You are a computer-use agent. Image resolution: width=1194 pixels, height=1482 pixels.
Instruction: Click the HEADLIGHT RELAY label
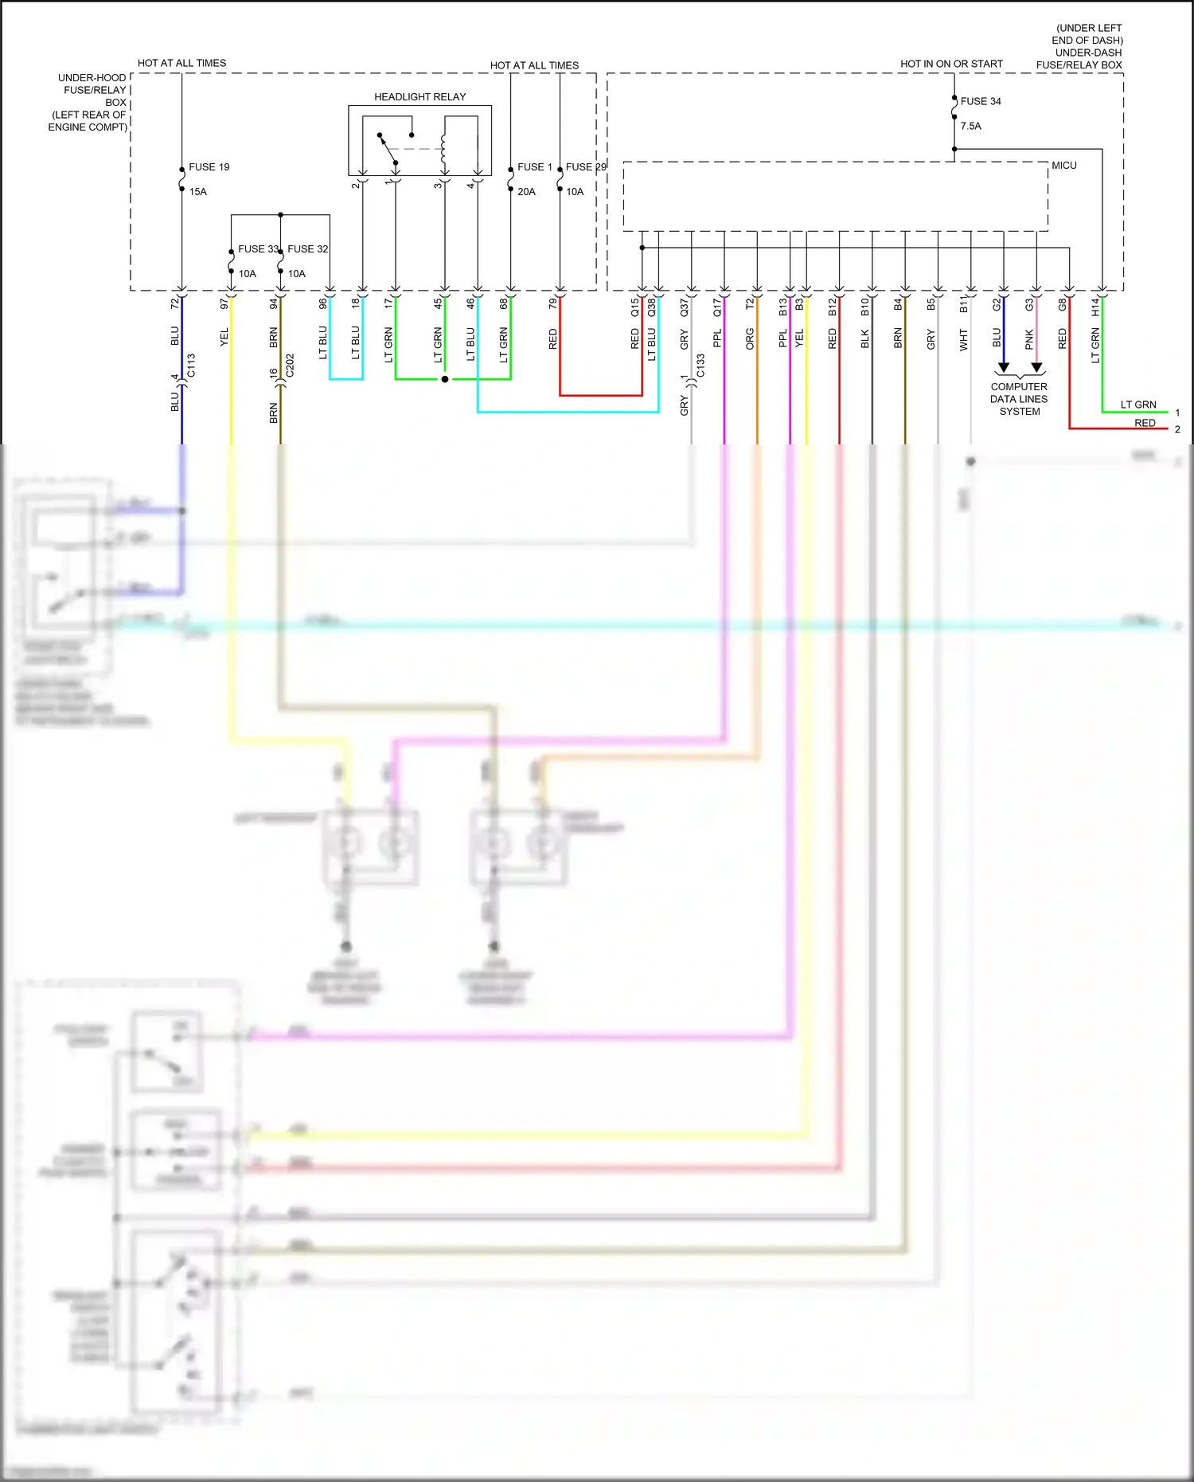419,97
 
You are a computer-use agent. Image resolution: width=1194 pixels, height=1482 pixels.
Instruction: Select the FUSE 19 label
209,167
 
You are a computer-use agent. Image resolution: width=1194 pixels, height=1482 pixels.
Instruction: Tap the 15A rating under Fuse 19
197,192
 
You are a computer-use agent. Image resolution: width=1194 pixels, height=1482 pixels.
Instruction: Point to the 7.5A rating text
970,126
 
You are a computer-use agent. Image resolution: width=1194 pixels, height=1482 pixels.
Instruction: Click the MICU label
1063,166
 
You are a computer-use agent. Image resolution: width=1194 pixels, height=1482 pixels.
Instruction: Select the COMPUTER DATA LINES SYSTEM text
1019,399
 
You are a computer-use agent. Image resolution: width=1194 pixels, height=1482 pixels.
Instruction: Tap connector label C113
191,366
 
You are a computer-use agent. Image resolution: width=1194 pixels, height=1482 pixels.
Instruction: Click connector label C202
290,366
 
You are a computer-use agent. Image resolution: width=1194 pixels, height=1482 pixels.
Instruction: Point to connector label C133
700,366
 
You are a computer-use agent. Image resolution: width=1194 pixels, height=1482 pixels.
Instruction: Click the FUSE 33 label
258,249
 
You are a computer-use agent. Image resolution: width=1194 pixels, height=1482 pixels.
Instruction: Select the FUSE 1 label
534,167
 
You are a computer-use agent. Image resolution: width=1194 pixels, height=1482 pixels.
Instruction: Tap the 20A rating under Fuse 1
526,192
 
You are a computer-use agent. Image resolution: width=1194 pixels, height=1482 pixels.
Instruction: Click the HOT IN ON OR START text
951,64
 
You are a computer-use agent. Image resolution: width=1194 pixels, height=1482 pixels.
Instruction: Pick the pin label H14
1095,306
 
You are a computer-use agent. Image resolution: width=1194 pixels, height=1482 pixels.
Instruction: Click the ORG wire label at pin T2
750,338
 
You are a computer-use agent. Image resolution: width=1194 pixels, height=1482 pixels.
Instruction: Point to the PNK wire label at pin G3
1029,340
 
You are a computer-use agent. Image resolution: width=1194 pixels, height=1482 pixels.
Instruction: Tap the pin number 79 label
553,303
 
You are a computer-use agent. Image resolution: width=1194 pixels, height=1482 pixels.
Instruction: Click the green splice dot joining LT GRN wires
445,379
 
